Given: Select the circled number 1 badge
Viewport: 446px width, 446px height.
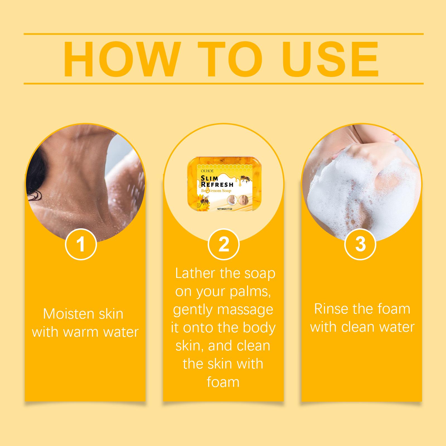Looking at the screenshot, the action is [81, 244].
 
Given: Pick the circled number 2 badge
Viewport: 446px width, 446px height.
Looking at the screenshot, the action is [224, 244].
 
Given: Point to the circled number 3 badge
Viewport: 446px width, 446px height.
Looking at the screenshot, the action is [360, 244].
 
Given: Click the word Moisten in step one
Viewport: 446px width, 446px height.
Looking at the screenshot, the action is [65, 314].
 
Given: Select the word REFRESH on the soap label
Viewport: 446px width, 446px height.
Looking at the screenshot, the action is [217, 184].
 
